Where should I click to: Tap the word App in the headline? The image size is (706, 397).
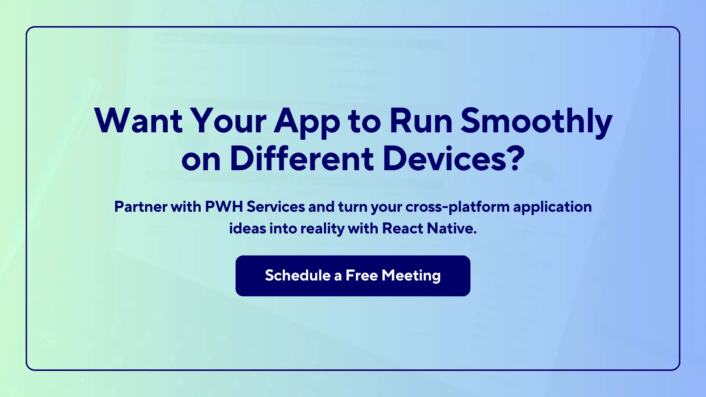pyautogui.click(x=307, y=122)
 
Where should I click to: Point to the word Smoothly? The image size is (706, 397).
pyautogui.click(x=536, y=122)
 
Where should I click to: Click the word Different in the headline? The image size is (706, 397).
pyautogui.click(x=302, y=159)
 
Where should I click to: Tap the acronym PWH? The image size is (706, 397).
pyautogui.click(x=224, y=207)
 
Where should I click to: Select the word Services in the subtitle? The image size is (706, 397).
pyautogui.click(x=276, y=207)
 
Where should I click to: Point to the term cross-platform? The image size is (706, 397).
pyautogui.click(x=457, y=207)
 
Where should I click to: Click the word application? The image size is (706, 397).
pyautogui.click(x=552, y=207)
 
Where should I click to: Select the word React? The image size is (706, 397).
pyautogui.click(x=403, y=228)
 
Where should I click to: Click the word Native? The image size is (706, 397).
pyautogui.click(x=452, y=228)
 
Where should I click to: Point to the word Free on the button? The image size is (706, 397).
pyautogui.click(x=361, y=275)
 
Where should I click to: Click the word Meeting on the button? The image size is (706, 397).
pyautogui.click(x=411, y=276)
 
